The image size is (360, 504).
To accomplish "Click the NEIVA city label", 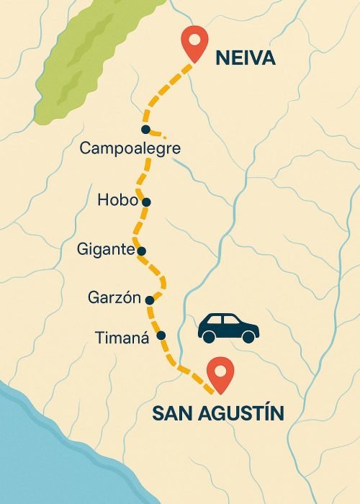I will click(246, 58).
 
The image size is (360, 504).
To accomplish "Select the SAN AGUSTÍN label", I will click(217, 413).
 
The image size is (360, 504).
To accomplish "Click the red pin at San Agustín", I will click(220, 375).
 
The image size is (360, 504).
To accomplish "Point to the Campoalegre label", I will click(130, 149).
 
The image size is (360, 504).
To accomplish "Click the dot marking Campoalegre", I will click(145, 130).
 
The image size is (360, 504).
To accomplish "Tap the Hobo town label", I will click(117, 200).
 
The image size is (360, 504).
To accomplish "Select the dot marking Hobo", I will click(146, 202).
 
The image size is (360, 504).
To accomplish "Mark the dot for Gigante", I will click(141, 251).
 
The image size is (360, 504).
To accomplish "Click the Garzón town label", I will click(112, 297).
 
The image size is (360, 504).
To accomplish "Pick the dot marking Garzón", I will click(149, 300).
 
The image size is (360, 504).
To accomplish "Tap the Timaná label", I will click(122, 336).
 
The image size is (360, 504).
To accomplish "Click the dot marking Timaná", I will click(161, 336).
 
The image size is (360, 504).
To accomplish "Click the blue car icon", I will click(228, 328).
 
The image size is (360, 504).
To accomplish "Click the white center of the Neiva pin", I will click(192, 39).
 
